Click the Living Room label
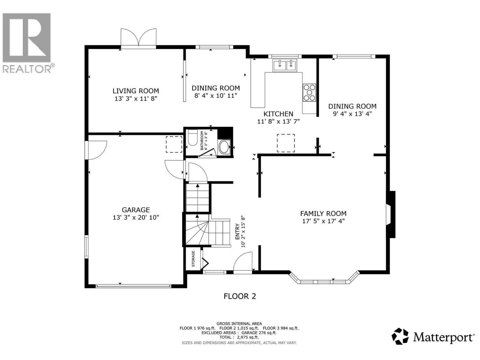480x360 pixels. click(x=136, y=91)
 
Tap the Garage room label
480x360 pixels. click(x=136, y=210)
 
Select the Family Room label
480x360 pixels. click(x=323, y=213)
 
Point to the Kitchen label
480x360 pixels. click(x=278, y=114)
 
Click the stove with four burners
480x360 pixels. click(x=309, y=93)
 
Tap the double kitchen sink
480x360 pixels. click(x=285, y=65)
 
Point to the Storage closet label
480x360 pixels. click(x=193, y=259)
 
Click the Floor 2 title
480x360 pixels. click(x=240, y=296)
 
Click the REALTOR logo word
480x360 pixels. click(x=27, y=69)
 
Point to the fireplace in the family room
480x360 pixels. click(x=391, y=214)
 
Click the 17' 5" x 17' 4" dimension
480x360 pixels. click(x=323, y=221)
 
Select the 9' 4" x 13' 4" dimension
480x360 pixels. click(x=352, y=114)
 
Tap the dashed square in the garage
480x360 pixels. click(x=174, y=144)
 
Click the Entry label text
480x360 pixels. click(x=237, y=232)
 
